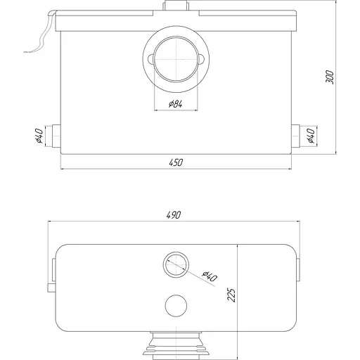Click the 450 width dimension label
(x=176, y=162)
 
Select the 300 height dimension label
(x=330, y=77)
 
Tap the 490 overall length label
(x=174, y=215)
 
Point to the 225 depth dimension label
(x=231, y=295)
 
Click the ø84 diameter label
(x=176, y=103)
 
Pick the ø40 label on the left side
(x=39, y=136)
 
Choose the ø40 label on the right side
(x=311, y=136)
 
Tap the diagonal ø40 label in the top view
(x=210, y=276)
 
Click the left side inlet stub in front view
(x=56, y=136)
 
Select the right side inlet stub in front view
(x=295, y=136)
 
